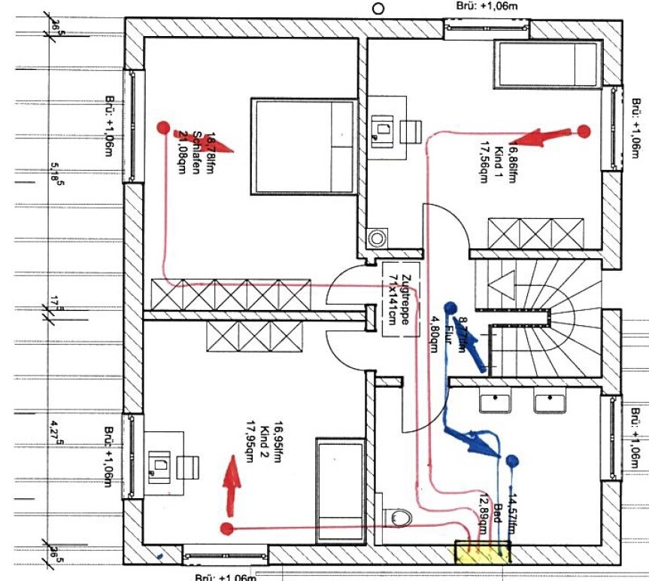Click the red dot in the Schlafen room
click(x=162, y=127)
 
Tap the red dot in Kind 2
click(x=226, y=528)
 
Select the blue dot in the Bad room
click(x=513, y=460)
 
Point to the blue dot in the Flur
click(x=450, y=307)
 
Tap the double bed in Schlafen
click(x=303, y=145)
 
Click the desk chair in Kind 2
click(x=187, y=467)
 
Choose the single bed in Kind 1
click(x=547, y=64)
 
